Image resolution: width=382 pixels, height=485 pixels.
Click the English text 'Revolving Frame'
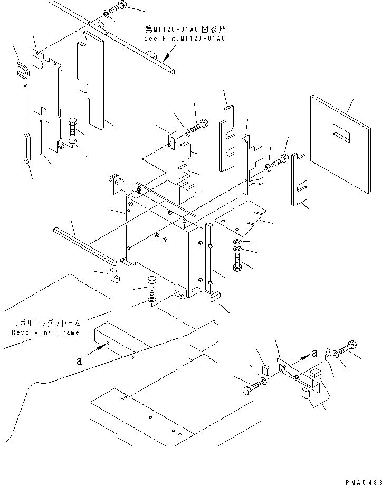tap(45, 332)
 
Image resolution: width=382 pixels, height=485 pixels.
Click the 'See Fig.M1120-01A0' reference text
tap(185, 39)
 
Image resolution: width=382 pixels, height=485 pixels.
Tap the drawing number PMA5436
tap(364, 482)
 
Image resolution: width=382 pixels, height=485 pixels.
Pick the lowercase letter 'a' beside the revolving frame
tap(79, 360)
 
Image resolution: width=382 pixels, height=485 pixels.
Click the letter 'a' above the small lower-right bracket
tap(314, 353)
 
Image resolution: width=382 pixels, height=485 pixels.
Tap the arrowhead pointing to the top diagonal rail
tap(167, 57)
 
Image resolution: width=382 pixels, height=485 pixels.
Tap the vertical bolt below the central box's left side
tap(152, 286)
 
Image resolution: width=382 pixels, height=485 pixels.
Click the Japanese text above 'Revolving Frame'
tap(46, 323)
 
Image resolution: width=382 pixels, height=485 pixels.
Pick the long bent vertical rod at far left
tap(27, 125)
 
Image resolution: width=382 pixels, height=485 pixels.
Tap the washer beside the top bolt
tap(106, 14)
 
